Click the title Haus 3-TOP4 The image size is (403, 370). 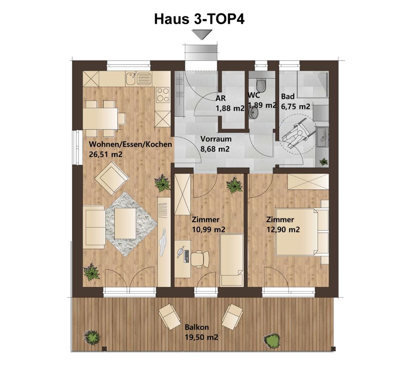tap(199, 19)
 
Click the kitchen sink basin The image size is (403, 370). tap(131, 78)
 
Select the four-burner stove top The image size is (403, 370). tap(163, 95)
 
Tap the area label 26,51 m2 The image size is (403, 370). tap(105, 154)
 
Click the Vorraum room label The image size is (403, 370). tap(216, 139)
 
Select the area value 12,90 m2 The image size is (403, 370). tap(283, 229)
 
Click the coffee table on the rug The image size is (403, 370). tap(125, 224)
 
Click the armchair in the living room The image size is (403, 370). tap(112, 178)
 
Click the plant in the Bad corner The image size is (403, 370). tap(324, 162)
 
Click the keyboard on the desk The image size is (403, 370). tap(187, 256)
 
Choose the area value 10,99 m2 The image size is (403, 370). tap(209, 229)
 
